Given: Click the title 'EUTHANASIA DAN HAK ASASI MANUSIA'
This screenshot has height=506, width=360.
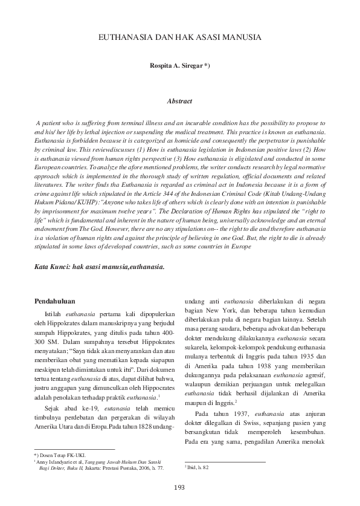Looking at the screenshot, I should (x=179, y=37).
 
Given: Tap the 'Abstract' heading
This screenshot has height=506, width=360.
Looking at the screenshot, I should (x=179, y=102).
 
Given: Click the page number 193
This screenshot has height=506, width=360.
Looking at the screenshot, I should (x=179, y=487).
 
